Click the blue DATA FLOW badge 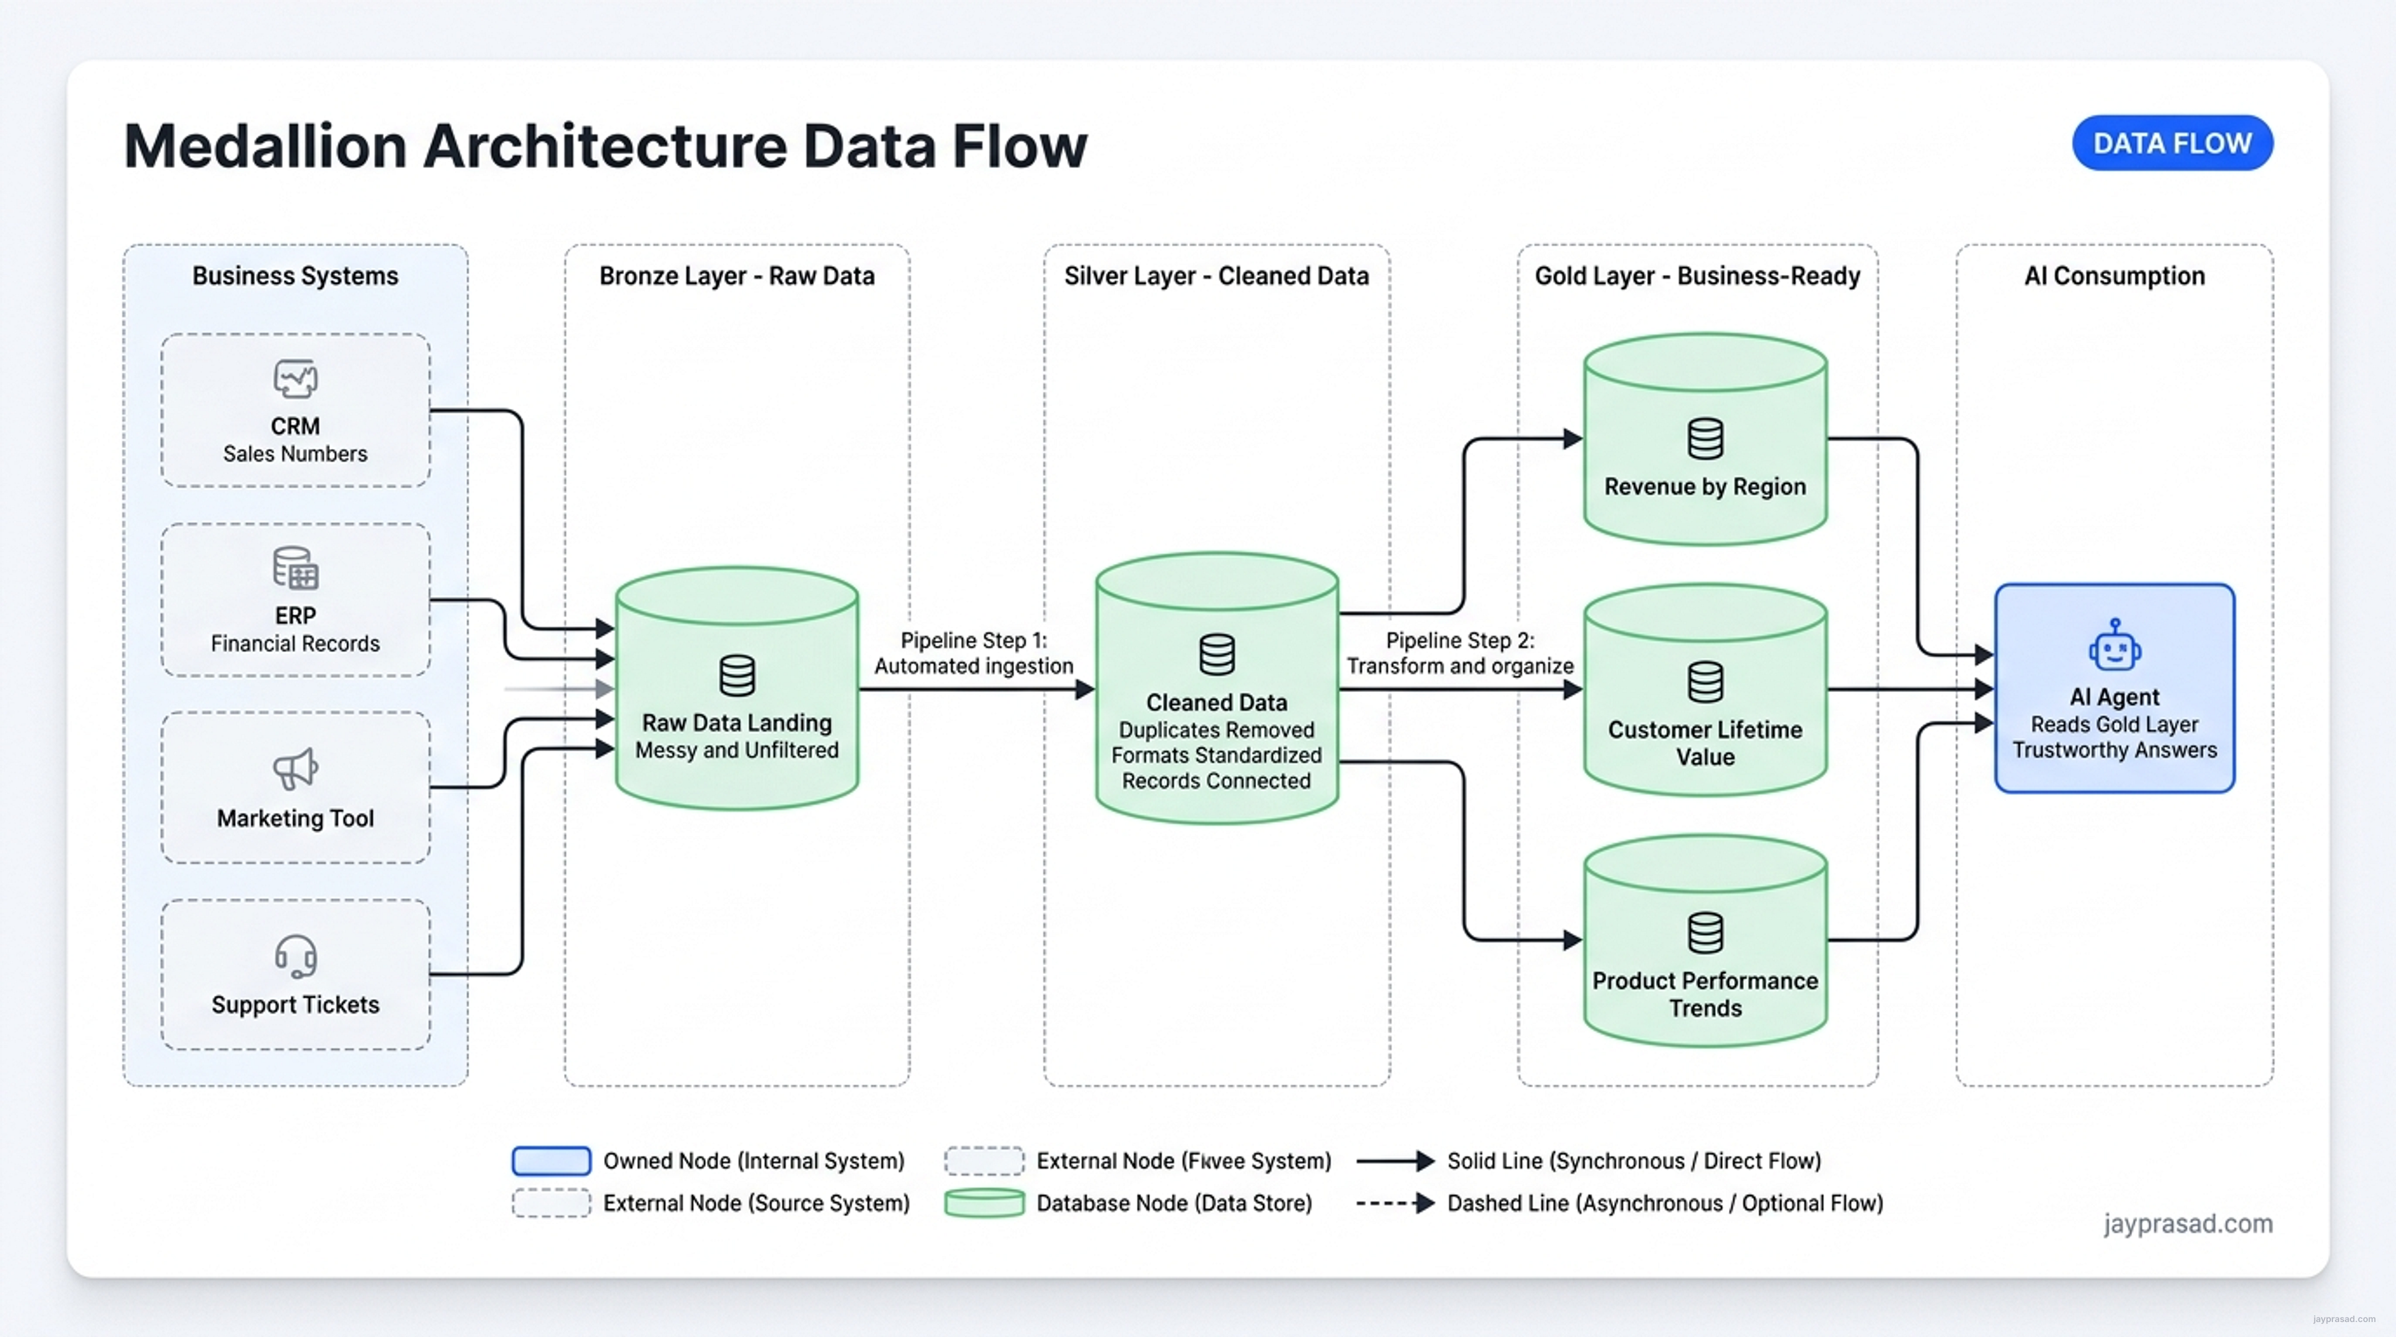(x=2172, y=143)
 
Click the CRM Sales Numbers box (x=296, y=410)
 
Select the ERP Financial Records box (x=296, y=600)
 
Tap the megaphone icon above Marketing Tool (x=296, y=769)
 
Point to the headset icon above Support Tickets (x=296, y=956)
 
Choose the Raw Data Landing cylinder (x=737, y=688)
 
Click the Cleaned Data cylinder (x=1217, y=688)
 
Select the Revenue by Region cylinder (x=1705, y=439)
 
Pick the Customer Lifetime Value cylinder (x=1705, y=690)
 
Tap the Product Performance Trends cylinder (x=1705, y=941)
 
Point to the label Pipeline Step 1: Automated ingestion (x=974, y=653)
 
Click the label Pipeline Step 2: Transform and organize (x=1460, y=653)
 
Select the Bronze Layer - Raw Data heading (x=737, y=276)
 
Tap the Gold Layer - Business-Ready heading (x=1697, y=276)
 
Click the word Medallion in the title (x=266, y=146)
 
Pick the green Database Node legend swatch (x=984, y=1202)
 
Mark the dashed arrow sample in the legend (x=1395, y=1203)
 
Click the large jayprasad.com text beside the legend (x=2188, y=1223)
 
